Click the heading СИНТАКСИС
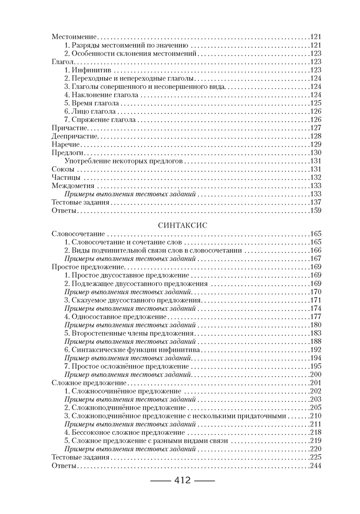tap(180, 224)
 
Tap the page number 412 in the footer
tap(179, 481)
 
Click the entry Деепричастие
tap(75, 136)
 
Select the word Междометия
tap(73, 186)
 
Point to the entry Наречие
tap(66, 144)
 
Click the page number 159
tap(315, 210)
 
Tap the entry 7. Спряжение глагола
tap(100, 119)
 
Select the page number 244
tap(315, 466)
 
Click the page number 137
tap(315, 202)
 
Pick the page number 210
tap(315, 416)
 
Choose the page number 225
tap(315, 457)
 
